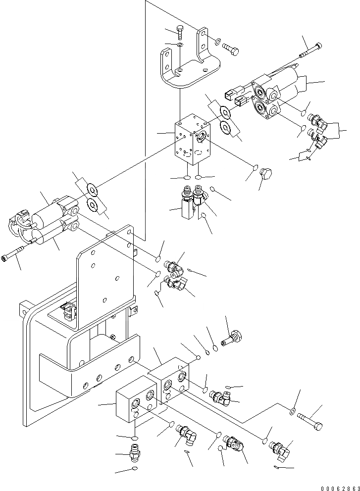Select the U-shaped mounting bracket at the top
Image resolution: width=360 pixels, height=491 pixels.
(x=188, y=64)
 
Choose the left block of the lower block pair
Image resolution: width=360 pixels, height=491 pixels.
(x=135, y=404)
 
